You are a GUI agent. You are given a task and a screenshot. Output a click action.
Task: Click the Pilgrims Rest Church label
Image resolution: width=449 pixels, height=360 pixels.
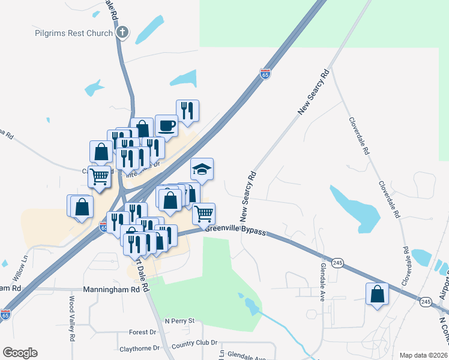(x=73, y=33)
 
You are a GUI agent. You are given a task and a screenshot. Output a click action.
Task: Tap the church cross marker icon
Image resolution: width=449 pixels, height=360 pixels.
(x=122, y=32)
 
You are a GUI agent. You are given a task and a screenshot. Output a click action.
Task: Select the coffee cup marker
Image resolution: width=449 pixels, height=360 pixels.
(x=166, y=126)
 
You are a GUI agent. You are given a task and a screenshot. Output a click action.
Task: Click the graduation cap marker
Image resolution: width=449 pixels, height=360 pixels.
(x=202, y=169)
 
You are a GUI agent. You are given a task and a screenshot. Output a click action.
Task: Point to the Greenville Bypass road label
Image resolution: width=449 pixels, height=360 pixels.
(x=235, y=229)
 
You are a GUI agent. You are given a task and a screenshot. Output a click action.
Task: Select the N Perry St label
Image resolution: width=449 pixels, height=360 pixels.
(x=180, y=321)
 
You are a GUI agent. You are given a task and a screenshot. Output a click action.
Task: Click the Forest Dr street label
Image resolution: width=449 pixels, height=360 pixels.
(x=142, y=332)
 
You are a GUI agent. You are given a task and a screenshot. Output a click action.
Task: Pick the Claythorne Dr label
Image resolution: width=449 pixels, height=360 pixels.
(x=139, y=348)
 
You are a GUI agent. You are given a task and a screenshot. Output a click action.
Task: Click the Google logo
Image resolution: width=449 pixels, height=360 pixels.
(x=20, y=353)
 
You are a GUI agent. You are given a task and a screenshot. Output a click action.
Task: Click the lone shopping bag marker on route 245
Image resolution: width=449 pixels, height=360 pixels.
(x=377, y=294)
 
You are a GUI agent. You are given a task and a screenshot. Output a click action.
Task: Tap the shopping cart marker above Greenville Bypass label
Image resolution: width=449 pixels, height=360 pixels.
(x=204, y=213)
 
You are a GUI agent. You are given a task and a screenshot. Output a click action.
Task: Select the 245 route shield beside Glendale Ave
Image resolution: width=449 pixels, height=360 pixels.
(x=337, y=263)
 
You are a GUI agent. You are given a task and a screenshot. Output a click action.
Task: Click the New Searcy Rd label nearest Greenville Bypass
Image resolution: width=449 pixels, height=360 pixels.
(x=248, y=195)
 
